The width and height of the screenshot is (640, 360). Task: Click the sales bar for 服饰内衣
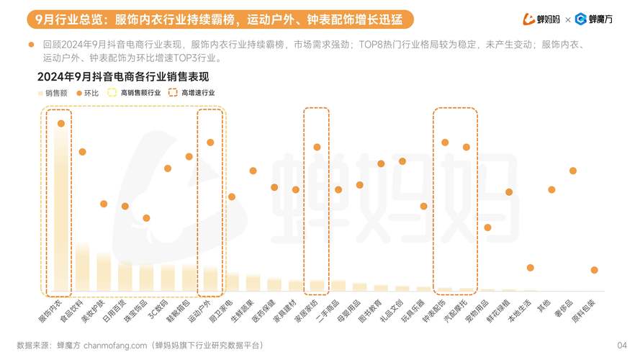(x=61, y=209)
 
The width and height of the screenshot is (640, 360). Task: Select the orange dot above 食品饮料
(x=82, y=152)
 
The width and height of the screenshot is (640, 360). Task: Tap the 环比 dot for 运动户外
(x=210, y=143)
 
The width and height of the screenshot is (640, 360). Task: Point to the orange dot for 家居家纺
(x=317, y=147)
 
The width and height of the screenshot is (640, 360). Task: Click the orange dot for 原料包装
(x=594, y=270)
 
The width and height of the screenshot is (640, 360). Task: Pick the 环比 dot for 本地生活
(x=530, y=268)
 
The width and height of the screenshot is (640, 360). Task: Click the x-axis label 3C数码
(x=158, y=308)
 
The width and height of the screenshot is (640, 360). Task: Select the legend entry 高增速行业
(x=191, y=93)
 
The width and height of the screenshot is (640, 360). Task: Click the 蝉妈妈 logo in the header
(x=541, y=19)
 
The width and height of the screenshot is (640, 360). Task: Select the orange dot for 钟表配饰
(x=445, y=143)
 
